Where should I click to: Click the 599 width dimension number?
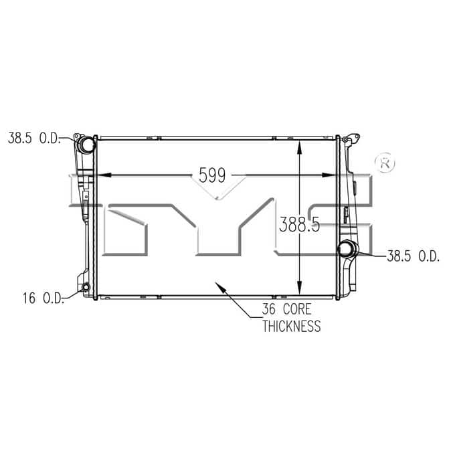click(212, 175)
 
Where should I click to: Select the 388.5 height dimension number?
click(299, 224)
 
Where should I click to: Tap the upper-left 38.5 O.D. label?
click(34, 138)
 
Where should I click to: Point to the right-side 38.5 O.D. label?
click(413, 256)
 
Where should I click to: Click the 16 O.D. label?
click(43, 298)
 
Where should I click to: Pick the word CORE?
click(297, 309)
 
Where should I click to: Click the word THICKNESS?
click(292, 327)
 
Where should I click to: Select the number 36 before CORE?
click(269, 309)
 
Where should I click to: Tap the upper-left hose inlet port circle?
click(86, 145)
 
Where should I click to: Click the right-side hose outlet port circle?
click(347, 250)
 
